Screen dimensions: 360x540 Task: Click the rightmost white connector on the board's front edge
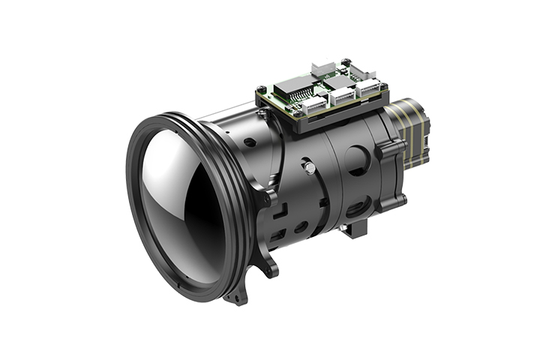click(367, 88)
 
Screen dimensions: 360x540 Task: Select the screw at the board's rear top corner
click(345, 62)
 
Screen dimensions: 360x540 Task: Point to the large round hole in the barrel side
click(358, 160)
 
